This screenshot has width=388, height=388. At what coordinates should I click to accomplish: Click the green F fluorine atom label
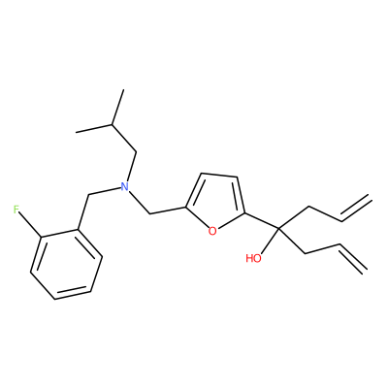[16, 210]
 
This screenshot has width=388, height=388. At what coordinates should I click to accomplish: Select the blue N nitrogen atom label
[124, 186]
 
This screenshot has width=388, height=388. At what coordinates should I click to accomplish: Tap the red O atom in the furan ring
[212, 231]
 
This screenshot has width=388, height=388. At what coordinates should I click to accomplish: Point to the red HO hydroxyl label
[253, 258]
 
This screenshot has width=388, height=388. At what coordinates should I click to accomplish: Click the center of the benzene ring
[67, 264]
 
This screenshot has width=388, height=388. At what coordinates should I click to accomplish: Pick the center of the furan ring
[214, 203]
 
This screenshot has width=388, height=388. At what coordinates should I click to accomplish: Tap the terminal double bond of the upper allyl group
[355, 209]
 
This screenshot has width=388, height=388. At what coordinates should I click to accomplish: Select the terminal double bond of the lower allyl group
[353, 258]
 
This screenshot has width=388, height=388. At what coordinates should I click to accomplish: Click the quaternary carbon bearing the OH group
[278, 229]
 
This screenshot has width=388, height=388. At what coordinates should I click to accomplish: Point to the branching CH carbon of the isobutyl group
[112, 124]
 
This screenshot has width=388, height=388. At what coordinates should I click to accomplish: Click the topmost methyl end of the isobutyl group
[123, 90]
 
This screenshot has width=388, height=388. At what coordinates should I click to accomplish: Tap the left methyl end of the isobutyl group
[77, 132]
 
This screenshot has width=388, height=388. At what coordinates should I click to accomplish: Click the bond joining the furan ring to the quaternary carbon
[262, 221]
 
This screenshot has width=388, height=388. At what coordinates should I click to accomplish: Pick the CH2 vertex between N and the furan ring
[149, 213]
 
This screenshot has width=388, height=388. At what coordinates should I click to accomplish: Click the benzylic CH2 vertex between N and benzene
[88, 195]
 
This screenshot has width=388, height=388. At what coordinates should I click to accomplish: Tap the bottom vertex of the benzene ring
[54, 299]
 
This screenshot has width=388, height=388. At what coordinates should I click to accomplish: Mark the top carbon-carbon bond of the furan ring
[219, 176]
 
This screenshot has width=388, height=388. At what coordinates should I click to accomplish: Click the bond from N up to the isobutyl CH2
[131, 167]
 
